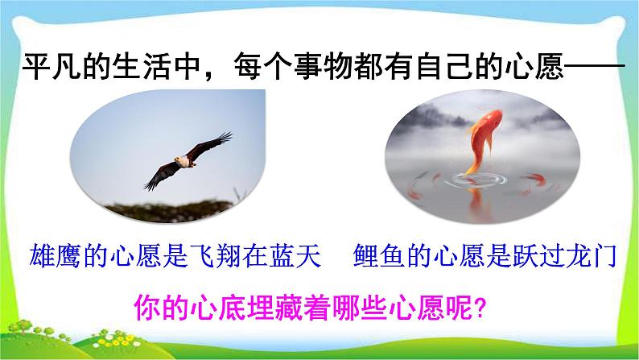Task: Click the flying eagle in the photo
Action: (188, 161)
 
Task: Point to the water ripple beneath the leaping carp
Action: (475, 180)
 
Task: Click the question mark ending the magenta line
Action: (480, 308)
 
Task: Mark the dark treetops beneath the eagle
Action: (171, 210)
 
